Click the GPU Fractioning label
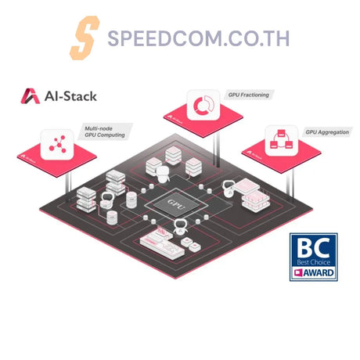250,95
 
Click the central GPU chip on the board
179,207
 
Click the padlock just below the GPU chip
178,229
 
